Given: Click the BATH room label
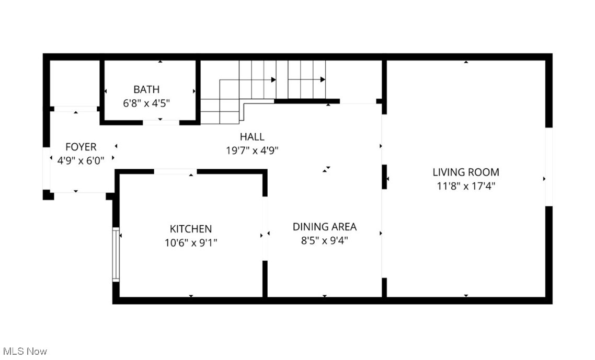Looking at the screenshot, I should pos(146,89).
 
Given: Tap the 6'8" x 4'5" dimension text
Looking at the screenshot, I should pos(146,103).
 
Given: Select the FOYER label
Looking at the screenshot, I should pos(81,147).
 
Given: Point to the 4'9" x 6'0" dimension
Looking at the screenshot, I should pos(81,161).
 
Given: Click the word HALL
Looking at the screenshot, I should pos(252,137).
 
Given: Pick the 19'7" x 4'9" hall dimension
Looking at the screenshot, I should pos(252,150).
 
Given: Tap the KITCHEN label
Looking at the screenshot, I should pos(191,229).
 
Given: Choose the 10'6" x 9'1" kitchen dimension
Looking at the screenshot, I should pos(191,242).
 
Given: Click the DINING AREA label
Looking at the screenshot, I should pos(324,227).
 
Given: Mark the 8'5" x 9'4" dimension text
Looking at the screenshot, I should pos(324,240).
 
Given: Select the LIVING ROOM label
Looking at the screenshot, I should pos(465,172).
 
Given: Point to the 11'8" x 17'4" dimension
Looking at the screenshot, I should pos(465,185).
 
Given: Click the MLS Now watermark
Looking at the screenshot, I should pos(25,351).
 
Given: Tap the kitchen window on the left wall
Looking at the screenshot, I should pos(116,254).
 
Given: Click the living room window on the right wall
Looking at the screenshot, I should pos(548,166).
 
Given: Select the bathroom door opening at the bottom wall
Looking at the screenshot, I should pos(161,122).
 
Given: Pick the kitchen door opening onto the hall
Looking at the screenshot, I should pos(175,171).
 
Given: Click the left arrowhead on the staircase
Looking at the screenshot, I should pos(273,80).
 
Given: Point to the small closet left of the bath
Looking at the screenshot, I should pos(75,84).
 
